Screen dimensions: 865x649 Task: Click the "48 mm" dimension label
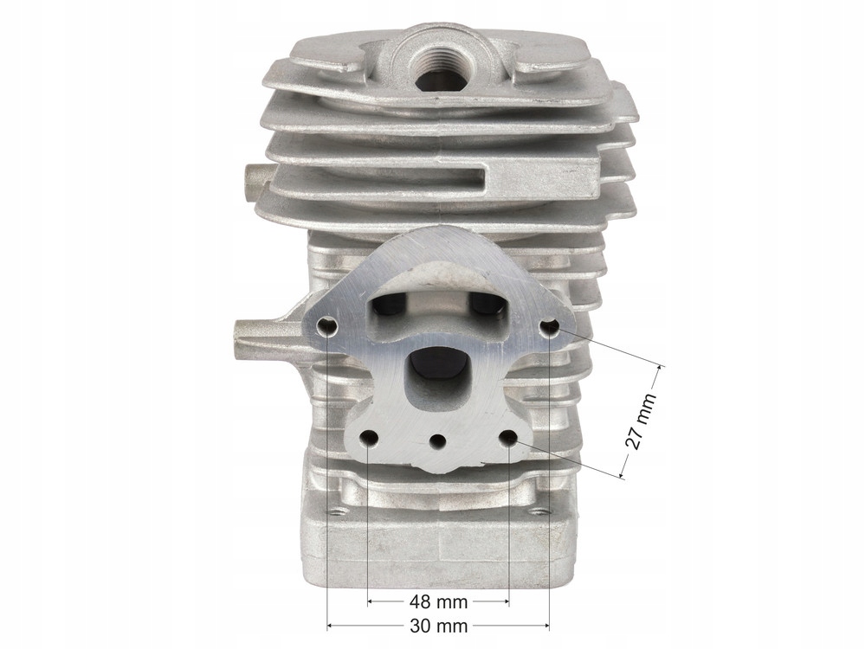tap(439, 601)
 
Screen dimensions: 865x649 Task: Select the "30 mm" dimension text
tap(439, 626)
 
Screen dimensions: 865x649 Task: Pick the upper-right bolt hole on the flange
tap(550, 329)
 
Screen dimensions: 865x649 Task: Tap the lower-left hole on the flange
tap(369, 440)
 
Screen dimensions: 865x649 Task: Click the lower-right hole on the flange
tap(508, 439)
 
